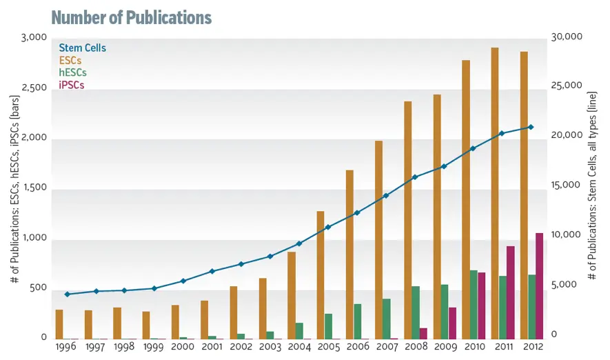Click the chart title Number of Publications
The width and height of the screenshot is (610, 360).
[132, 17]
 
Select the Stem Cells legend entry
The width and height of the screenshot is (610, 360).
[83, 48]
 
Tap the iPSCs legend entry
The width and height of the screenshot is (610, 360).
[72, 85]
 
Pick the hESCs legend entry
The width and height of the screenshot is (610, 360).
[73, 72]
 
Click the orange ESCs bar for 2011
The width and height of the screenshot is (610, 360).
[495, 193]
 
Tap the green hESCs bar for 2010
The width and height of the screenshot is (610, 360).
[474, 305]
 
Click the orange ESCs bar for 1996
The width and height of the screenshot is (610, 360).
[59, 325]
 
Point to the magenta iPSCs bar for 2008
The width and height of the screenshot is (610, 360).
[423, 334]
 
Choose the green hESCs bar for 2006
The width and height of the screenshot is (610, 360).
[358, 321]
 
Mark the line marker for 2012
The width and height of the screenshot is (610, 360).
[531, 127]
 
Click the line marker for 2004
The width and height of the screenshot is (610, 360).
[299, 243]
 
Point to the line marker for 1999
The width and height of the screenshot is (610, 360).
[154, 288]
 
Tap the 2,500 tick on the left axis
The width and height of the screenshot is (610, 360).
[34, 88]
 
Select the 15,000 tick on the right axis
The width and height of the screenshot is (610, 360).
[566, 185]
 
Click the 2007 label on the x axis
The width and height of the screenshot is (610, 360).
[387, 346]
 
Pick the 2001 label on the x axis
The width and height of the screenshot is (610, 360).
[212, 346]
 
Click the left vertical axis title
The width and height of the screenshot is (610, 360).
[14, 189]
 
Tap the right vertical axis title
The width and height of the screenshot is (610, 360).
[591, 186]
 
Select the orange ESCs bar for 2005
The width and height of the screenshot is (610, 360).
[321, 275]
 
